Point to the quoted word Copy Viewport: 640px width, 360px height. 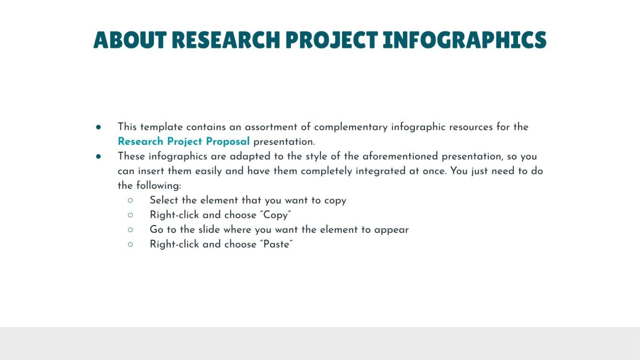coord(276,215)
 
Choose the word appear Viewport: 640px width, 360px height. coord(391,229)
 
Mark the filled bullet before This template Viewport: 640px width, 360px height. coord(98,127)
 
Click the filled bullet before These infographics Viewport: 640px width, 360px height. coord(98,156)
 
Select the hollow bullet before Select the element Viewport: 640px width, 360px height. coord(130,200)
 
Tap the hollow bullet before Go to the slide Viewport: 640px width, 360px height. coord(130,229)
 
